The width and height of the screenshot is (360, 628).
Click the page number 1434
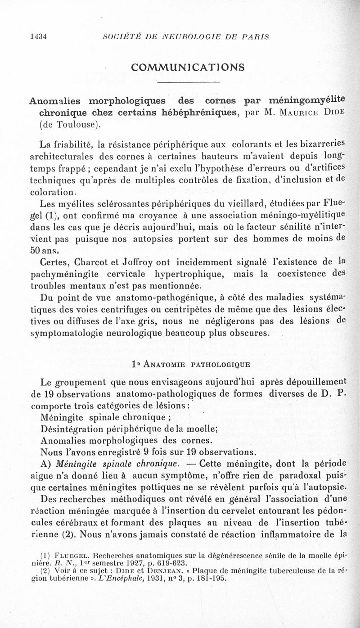pyautogui.click(x=38, y=37)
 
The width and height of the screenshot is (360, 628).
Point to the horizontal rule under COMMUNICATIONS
pyautogui.click(x=188, y=83)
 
